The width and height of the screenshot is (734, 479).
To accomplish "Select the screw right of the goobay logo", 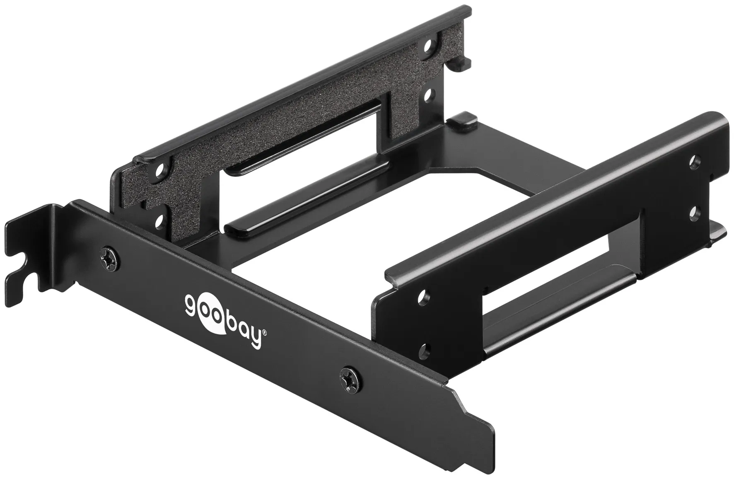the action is (349, 378).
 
